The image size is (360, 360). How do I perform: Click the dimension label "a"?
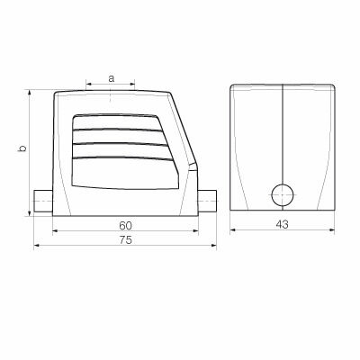point(111,78)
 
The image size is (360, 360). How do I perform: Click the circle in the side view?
point(283,193)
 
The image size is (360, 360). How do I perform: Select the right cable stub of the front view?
point(207,199)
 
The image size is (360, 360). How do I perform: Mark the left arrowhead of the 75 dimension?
point(38,244)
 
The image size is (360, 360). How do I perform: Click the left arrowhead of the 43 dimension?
point(233,229)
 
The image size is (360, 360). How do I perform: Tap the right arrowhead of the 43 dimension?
point(332,229)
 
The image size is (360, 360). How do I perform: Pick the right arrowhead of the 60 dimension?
point(194,229)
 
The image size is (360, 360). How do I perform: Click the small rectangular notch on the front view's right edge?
point(193,168)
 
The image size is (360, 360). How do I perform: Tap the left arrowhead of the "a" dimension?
point(89,86)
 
